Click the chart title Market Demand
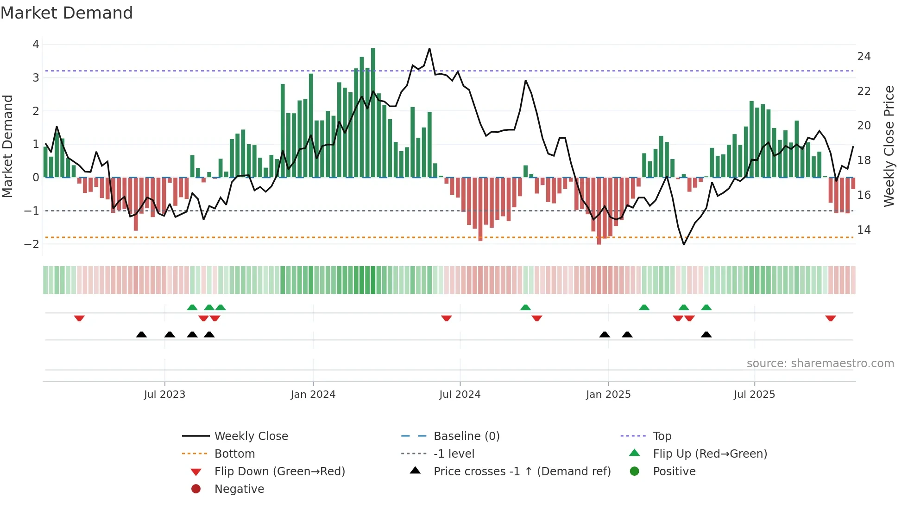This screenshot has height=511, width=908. [67, 13]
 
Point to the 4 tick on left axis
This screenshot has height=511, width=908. [36, 45]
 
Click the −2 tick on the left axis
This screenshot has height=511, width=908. [32, 244]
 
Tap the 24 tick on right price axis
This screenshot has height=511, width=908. [864, 57]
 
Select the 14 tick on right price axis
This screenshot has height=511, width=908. [864, 230]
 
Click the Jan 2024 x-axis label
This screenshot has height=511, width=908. [313, 395]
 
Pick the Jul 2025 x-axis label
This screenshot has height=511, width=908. [754, 395]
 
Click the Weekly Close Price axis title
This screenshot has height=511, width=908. [889, 146]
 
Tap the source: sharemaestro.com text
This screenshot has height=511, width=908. [820, 364]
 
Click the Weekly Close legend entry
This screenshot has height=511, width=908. [251, 436]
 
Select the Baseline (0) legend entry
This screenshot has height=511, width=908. [466, 436]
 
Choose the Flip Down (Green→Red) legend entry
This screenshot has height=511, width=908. [279, 472]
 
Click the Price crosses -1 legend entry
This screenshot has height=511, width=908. [522, 472]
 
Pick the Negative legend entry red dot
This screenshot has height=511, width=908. [196, 489]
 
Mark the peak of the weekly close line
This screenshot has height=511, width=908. [429, 49]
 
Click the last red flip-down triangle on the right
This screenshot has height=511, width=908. [830, 318]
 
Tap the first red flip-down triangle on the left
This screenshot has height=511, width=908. [79, 318]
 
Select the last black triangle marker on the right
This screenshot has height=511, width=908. [706, 334]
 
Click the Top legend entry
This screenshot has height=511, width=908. [662, 436]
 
